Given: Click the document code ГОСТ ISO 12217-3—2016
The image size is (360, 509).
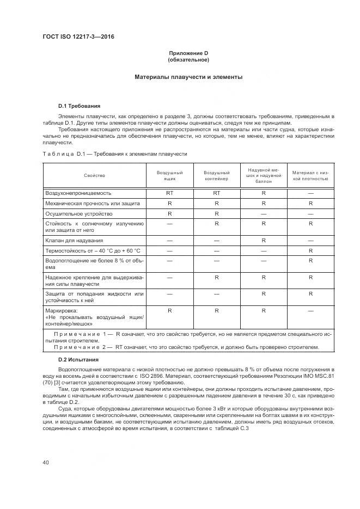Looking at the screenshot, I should click(x=78, y=36).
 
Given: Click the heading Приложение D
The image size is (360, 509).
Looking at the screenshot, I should click(x=188, y=53).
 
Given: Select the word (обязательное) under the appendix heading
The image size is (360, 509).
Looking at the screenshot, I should click(x=188, y=59).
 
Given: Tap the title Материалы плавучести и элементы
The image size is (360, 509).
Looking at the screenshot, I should click(x=188, y=77).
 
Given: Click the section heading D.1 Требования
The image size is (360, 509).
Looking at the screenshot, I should click(x=79, y=106).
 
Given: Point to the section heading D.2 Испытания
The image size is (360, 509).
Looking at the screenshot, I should click(x=78, y=360).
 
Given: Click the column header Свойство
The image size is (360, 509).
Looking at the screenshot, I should click(x=94, y=176).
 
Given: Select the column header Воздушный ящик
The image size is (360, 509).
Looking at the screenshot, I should click(x=169, y=176).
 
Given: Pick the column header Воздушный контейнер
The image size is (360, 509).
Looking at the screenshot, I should click(x=216, y=176).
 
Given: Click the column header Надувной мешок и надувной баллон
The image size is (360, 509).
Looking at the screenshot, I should click(x=263, y=175).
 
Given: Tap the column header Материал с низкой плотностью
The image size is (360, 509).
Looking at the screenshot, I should click(x=310, y=176).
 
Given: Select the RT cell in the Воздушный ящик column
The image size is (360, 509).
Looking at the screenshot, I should click(x=169, y=193).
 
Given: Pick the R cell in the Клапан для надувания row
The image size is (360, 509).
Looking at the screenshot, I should click(x=263, y=240).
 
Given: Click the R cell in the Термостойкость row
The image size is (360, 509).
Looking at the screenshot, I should click(x=310, y=250).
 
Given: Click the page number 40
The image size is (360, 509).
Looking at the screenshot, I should click(x=46, y=463).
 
